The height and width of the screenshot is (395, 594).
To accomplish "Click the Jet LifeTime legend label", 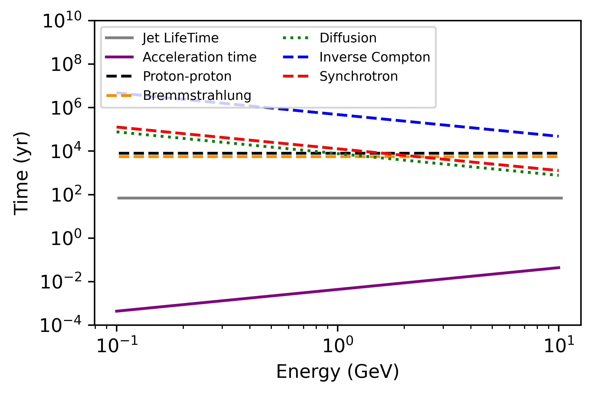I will pyautogui.click(x=180, y=38).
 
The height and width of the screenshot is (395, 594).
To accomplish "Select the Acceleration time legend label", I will pyautogui.click(x=199, y=57).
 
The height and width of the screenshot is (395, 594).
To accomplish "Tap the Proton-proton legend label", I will pyautogui.click(x=187, y=76).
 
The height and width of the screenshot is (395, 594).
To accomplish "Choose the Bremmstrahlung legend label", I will pyautogui.click(x=197, y=95).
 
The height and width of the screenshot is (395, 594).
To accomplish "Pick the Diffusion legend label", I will pyautogui.click(x=348, y=38).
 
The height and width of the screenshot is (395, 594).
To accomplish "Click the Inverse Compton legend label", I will pyautogui.click(x=375, y=57).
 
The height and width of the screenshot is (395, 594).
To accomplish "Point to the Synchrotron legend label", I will pyautogui.click(x=358, y=76).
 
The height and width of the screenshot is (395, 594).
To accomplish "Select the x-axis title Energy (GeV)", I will pyautogui.click(x=337, y=372).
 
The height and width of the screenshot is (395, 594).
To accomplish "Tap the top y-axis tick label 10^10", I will pyautogui.click(x=62, y=21).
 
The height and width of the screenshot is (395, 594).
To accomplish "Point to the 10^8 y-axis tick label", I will pyautogui.click(x=66, y=64).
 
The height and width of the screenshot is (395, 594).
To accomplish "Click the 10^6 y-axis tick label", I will pyautogui.click(x=66, y=108).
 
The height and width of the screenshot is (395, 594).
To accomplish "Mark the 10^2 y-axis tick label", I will pyautogui.click(x=66, y=195).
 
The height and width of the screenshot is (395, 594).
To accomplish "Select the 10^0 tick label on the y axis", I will pyautogui.click(x=66, y=238).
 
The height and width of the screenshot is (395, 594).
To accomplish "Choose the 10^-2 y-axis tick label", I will pyautogui.click(x=61, y=282).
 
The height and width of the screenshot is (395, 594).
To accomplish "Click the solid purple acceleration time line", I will pyautogui.click(x=337, y=289).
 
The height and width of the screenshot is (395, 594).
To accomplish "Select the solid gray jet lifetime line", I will pyautogui.click(x=337, y=198).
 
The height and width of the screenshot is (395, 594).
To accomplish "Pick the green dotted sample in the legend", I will pyautogui.click(x=295, y=38).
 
